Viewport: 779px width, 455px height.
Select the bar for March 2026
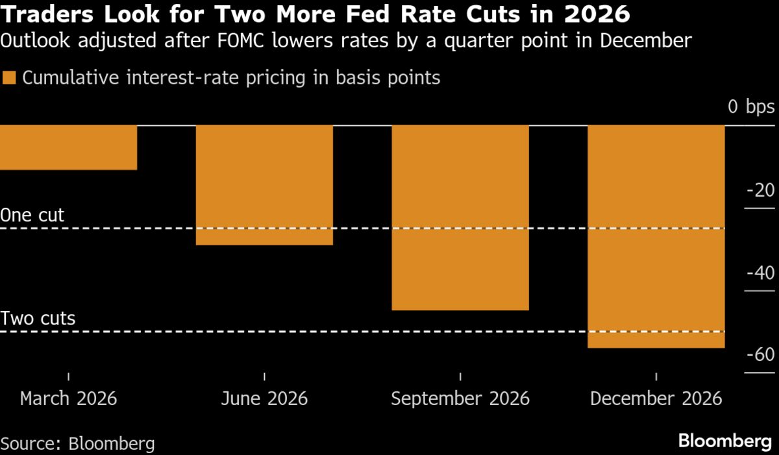click(68, 147)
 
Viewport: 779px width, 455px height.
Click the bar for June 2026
click(264, 185)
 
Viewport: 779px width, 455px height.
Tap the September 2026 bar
click(460, 217)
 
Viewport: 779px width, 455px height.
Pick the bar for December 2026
click(656, 236)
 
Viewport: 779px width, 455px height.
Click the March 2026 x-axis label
click(68, 398)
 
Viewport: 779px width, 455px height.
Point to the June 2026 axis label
click(264, 398)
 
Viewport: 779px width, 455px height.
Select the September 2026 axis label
click(460, 398)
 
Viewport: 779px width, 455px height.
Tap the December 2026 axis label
click(656, 398)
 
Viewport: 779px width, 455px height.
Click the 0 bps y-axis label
click(751, 107)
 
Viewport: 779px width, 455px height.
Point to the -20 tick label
click(760, 190)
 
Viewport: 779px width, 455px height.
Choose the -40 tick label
click(760, 273)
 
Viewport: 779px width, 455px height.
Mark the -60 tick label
click(760, 355)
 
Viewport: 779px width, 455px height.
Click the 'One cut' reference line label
click(32, 215)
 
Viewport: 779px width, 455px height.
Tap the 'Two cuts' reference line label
click(38, 319)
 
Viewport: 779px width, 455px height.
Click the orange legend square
click(9, 79)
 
